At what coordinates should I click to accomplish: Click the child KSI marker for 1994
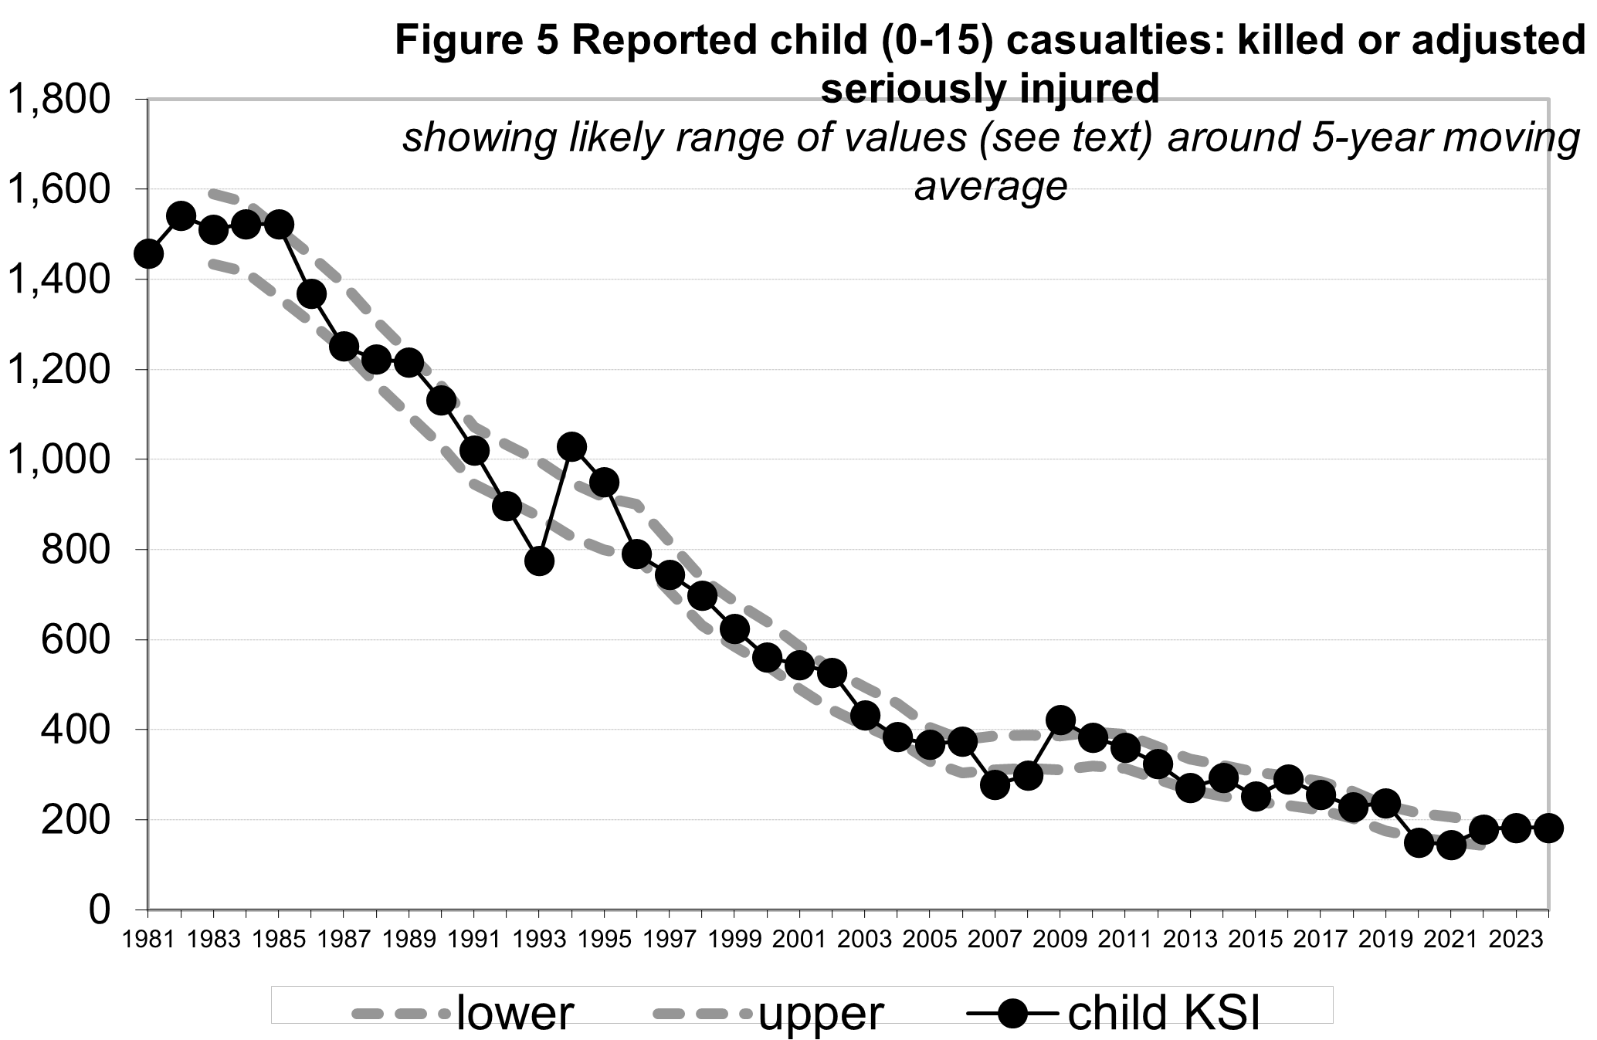[571, 446]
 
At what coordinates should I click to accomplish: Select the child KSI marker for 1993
[539, 561]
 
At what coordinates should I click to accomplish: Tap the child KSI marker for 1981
[148, 254]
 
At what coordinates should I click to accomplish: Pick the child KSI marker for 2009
[1060, 720]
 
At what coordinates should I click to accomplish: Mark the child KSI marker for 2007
[995, 786]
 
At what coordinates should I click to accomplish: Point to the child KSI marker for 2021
[1451, 845]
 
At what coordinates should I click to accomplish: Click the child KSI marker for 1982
[181, 216]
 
